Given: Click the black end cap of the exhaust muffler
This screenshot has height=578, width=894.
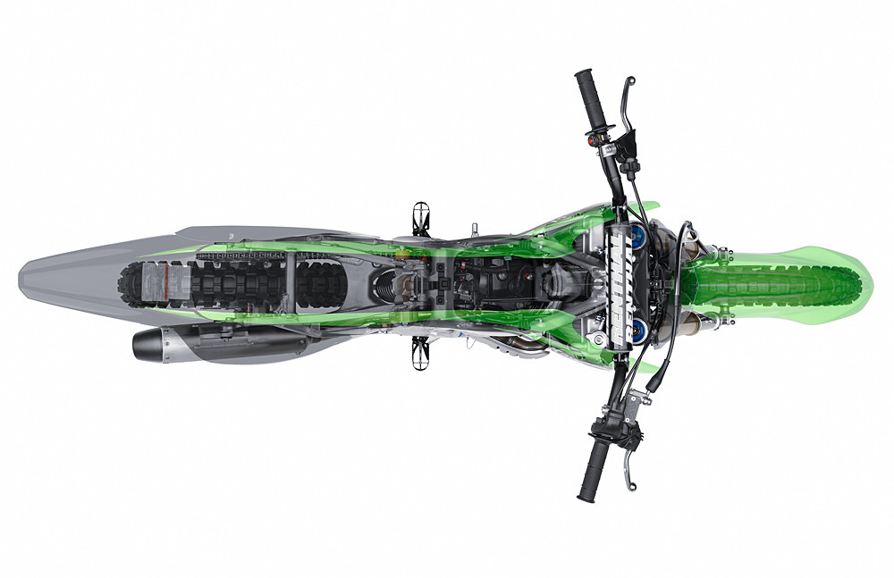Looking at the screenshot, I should click(143, 344).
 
